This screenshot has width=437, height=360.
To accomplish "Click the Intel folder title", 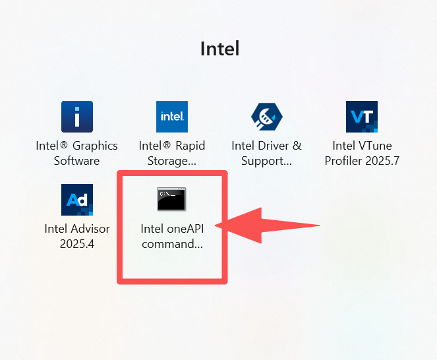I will click(x=219, y=48).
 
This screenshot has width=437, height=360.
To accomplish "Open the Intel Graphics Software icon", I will click(x=77, y=117).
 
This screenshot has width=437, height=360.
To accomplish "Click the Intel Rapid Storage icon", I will click(x=172, y=117).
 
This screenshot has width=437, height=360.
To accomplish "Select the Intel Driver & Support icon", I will click(x=267, y=117).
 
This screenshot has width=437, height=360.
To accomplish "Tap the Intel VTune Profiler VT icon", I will click(x=362, y=117).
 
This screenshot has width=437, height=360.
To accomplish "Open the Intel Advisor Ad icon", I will click(x=77, y=200).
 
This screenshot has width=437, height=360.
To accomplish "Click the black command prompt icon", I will click(x=171, y=199).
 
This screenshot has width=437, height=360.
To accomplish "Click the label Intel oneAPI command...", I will click(x=171, y=236).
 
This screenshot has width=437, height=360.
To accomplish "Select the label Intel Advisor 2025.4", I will click(x=77, y=236).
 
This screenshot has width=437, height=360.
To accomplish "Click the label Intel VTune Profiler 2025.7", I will click(x=362, y=153).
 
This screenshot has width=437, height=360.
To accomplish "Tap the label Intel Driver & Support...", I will click(x=267, y=153).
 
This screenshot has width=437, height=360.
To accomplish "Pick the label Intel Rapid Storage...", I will click(x=172, y=153).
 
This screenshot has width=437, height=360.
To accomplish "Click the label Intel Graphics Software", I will click(x=77, y=153).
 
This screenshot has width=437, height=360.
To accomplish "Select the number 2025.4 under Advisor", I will click(x=77, y=243).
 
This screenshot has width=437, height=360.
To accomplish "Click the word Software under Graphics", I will click(x=77, y=161).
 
